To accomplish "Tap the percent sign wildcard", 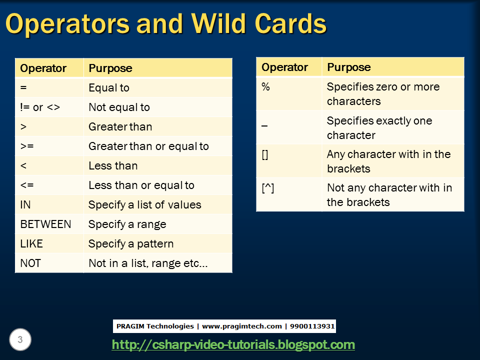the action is [x=265, y=86].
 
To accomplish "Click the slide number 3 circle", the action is [x=20, y=339].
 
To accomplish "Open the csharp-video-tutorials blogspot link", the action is [x=233, y=344].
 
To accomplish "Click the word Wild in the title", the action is [x=218, y=23].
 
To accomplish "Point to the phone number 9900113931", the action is [x=312, y=326].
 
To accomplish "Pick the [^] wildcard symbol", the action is [x=268, y=188].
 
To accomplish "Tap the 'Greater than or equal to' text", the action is [x=149, y=146].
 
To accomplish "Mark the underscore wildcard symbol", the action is [x=264, y=126].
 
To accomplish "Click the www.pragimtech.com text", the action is [x=242, y=326].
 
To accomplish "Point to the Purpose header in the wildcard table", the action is [x=349, y=67].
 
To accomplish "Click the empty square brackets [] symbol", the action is [x=265, y=154].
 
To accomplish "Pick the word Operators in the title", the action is [x=68, y=23].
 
